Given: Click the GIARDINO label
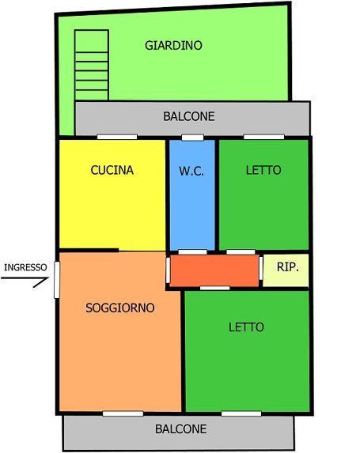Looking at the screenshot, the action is pos(173,46).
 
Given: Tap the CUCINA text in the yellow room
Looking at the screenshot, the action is pos(112,170).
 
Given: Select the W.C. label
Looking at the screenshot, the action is pos(191,171).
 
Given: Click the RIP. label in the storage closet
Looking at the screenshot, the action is pos(288,267).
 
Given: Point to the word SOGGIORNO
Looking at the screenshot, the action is pos(120,308).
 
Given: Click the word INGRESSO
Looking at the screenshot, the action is pos(25,267).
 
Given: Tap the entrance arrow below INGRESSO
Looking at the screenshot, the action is pos(25,279).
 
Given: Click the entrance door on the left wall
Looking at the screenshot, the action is pos(57,280).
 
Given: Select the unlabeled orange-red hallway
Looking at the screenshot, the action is pos(214,270).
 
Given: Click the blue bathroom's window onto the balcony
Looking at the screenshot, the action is pos(192,138).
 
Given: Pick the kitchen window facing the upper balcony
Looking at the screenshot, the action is pos(117,137).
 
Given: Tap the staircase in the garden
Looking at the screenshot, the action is pos(92,65).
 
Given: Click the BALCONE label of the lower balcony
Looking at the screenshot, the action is pos(181,429).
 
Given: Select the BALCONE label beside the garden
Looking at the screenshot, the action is pos(189,116).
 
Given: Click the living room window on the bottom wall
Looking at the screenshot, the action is pos(123,413).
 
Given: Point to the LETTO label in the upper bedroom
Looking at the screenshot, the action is pos(263,170).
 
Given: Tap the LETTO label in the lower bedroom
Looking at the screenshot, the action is pos(246,327).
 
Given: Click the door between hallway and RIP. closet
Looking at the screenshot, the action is pos(261,268).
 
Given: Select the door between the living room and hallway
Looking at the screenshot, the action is pos(168,270).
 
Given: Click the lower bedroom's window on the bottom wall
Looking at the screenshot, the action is pos(241,413).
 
